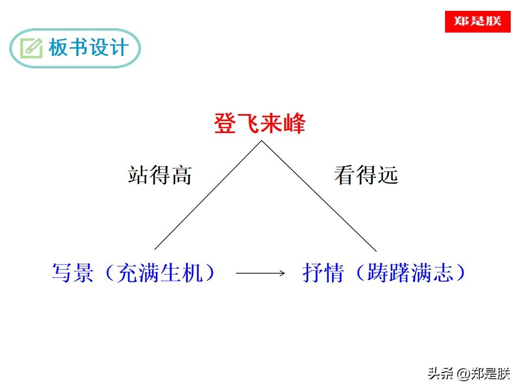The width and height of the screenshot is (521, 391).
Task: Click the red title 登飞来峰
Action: pos(259,123)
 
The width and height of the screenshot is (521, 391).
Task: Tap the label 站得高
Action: pos(160,175)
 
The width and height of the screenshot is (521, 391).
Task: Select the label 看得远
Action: pos(366,175)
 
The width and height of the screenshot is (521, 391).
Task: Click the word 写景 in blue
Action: pos(73,273)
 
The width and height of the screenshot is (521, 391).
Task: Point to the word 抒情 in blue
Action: pos(322,273)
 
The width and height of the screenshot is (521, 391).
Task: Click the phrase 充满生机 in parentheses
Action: pos(160,273)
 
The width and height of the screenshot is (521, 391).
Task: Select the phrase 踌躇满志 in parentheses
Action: pos(410,273)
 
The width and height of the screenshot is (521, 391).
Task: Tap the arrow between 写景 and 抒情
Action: pos(260,273)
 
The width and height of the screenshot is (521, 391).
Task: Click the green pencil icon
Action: pos(31,48)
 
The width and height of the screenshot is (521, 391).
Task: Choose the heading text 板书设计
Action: pos(88,47)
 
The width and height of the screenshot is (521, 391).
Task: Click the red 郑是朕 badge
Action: pos(478,22)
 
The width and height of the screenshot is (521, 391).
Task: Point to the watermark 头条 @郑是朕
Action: pos(468,374)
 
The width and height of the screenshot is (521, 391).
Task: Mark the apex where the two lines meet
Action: pos(262,141)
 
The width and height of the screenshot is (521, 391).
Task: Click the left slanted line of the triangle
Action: pos(208,195)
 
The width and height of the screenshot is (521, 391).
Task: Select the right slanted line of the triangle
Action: pos(319,196)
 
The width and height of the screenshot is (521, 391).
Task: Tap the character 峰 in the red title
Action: pos(294,123)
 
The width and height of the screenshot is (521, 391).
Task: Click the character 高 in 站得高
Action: pos(181,175)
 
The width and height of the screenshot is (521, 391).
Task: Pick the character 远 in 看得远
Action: pos(387,175)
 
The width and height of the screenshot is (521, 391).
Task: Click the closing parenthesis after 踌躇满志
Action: pos(461,273)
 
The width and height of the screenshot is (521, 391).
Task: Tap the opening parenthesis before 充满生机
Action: pos(110,273)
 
